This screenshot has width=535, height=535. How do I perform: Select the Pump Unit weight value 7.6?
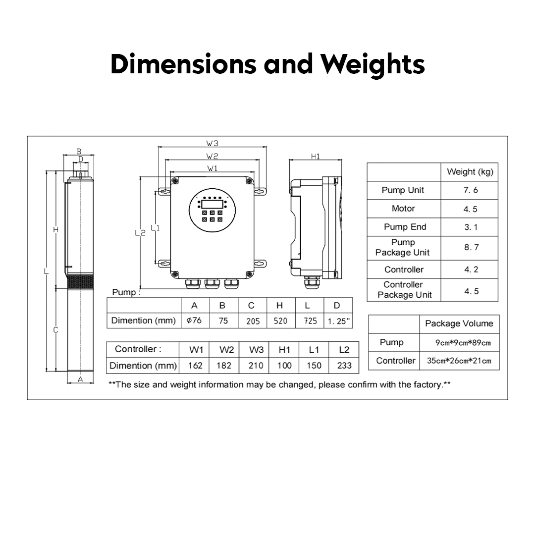pyautogui.click(x=471, y=190)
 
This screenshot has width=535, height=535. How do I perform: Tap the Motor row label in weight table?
pyautogui.click(x=403, y=209)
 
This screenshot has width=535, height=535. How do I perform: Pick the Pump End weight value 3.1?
pyautogui.click(x=471, y=227)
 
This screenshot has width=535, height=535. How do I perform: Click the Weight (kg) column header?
pyautogui.click(x=470, y=171)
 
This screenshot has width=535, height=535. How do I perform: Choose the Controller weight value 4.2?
pyautogui.click(x=471, y=269)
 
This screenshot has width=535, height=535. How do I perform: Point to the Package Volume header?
pyautogui.click(x=459, y=323)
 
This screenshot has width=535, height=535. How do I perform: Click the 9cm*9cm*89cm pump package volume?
pyautogui.click(x=463, y=343)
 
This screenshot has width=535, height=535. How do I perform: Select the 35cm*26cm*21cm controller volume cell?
pyautogui.click(x=459, y=361)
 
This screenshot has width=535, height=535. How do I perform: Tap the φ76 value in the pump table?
pyautogui.click(x=194, y=321)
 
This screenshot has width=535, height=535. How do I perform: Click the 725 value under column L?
pyautogui.click(x=310, y=321)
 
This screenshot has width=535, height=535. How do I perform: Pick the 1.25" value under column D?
pyautogui.click(x=339, y=321)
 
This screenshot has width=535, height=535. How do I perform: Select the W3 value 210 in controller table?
pyautogui.click(x=256, y=366)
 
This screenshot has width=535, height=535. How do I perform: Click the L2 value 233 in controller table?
pyautogui.click(x=344, y=366)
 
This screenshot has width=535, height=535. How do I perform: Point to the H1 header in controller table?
pyautogui.click(x=284, y=350)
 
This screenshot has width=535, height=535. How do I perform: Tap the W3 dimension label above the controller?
pyautogui.click(x=212, y=144)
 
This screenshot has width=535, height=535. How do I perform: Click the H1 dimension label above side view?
pyautogui.click(x=315, y=157)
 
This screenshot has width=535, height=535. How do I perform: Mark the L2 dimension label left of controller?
pyautogui.click(x=140, y=233)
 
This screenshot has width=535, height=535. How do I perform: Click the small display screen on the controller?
pyautogui.click(x=212, y=204)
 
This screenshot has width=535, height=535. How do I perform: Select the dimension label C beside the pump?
pyautogui.click(x=55, y=330)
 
